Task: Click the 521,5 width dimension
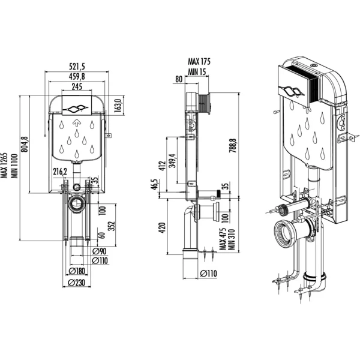[x=77, y=67]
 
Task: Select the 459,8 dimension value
[x=77, y=76]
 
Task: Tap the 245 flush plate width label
[x=77, y=86]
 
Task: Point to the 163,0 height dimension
[x=118, y=106]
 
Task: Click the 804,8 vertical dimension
[x=25, y=144]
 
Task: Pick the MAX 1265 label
[x=4, y=166]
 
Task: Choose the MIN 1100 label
[x=14, y=166]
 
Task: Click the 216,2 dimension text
[x=60, y=172]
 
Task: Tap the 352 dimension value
[x=111, y=226]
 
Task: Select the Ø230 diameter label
[x=77, y=283]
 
